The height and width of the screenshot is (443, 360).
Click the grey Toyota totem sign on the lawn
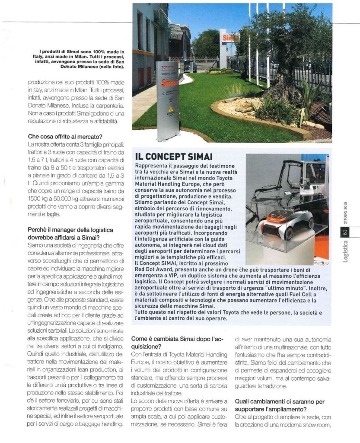pyautogui.click(x=167, y=100)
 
